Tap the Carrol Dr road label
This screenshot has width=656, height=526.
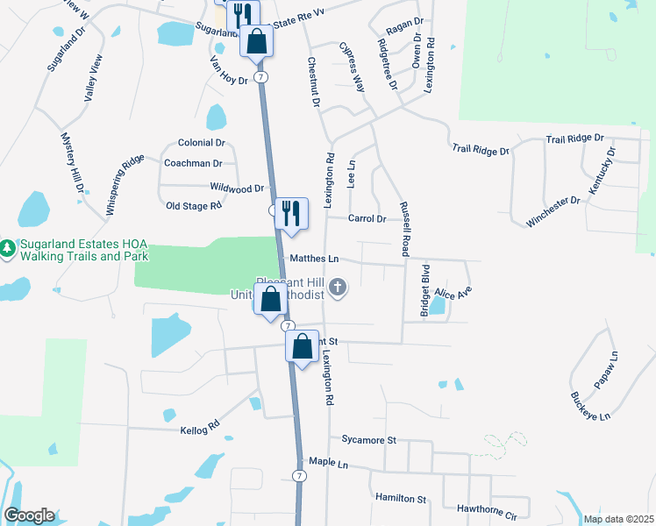click(367, 218)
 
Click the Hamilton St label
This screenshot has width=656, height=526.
click(400, 498)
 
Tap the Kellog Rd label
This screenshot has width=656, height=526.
click(201, 430)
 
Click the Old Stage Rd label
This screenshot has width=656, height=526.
click(193, 206)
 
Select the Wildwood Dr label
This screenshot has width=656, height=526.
click(237, 188)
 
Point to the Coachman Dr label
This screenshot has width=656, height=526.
click(193, 163)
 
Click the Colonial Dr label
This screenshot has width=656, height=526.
click(202, 142)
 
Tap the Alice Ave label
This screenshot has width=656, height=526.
click(459, 293)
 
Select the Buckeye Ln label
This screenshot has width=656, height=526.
click(589, 407)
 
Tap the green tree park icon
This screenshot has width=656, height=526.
click(8, 249)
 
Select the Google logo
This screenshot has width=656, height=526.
click(28, 515)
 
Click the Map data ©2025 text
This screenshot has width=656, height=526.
click(617, 518)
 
